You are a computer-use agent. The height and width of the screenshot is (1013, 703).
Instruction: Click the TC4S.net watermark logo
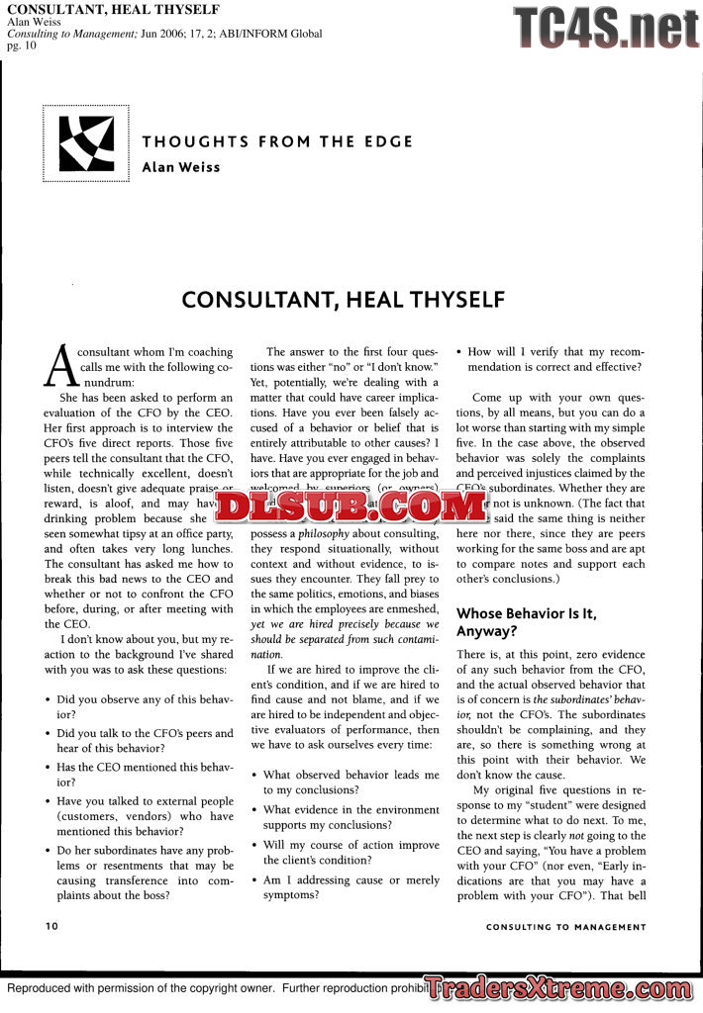click(x=605, y=28)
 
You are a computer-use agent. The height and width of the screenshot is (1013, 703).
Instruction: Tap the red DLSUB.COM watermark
click(x=351, y=506)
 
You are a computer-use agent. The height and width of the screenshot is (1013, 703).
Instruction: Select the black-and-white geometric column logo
click(x=86, y=143)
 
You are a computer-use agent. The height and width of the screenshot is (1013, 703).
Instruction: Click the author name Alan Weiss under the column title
click(x=181, y=167)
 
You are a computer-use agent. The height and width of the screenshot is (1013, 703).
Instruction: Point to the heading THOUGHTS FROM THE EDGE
click(x=277, y=141)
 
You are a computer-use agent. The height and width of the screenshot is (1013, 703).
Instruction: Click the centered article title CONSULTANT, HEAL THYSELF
click(x=344, y=299)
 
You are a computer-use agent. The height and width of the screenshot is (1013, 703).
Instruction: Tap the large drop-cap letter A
click(x=59, y=366)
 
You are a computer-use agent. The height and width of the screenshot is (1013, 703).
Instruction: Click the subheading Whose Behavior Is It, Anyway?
click(x=526, y=622)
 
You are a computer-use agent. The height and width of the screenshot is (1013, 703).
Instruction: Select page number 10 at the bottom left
click(x=51, y=927)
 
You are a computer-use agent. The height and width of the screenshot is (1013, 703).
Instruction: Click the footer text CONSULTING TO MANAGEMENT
click(x=565, y=928)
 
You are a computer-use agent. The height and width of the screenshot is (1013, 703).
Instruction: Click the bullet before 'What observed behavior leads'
click(x=255, y=776)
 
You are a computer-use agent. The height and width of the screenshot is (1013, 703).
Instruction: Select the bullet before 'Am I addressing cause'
click(x=255, y=880)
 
